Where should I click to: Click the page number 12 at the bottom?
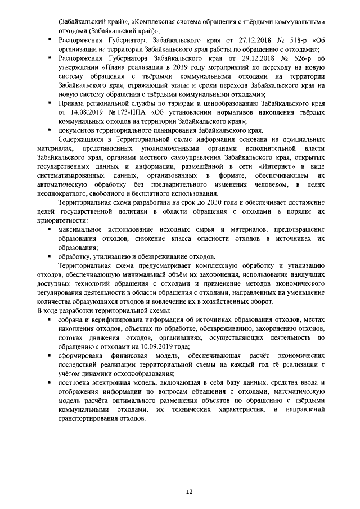pyautogui.click(x=190, y=491)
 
